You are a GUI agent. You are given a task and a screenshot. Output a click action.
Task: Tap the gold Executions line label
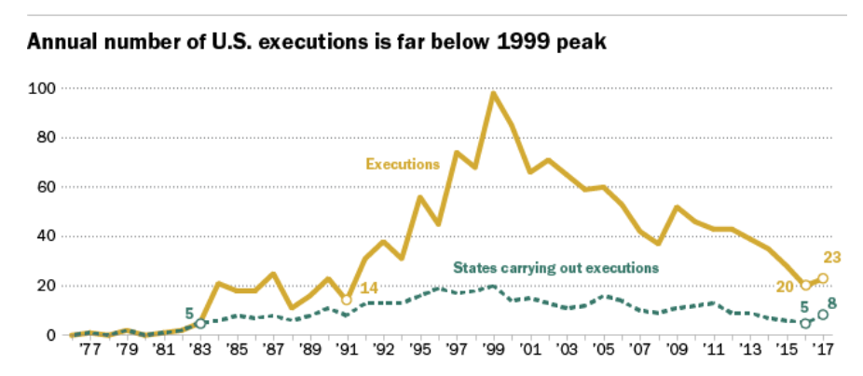tap(402, 164)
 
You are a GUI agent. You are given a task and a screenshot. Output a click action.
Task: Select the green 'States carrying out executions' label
tap(556, 268)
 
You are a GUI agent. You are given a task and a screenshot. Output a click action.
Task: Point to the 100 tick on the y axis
tap(43, 88)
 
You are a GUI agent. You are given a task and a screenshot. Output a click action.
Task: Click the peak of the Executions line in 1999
tap(493, 93)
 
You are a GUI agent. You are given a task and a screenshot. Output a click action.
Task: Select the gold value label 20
tap(785, 285)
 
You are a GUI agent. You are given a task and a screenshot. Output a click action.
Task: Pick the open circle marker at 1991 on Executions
tap(347, 300)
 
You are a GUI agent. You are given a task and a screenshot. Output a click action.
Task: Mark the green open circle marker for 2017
tap(823, 315)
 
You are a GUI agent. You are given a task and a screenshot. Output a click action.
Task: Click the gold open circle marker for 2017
tap(823, 278)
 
